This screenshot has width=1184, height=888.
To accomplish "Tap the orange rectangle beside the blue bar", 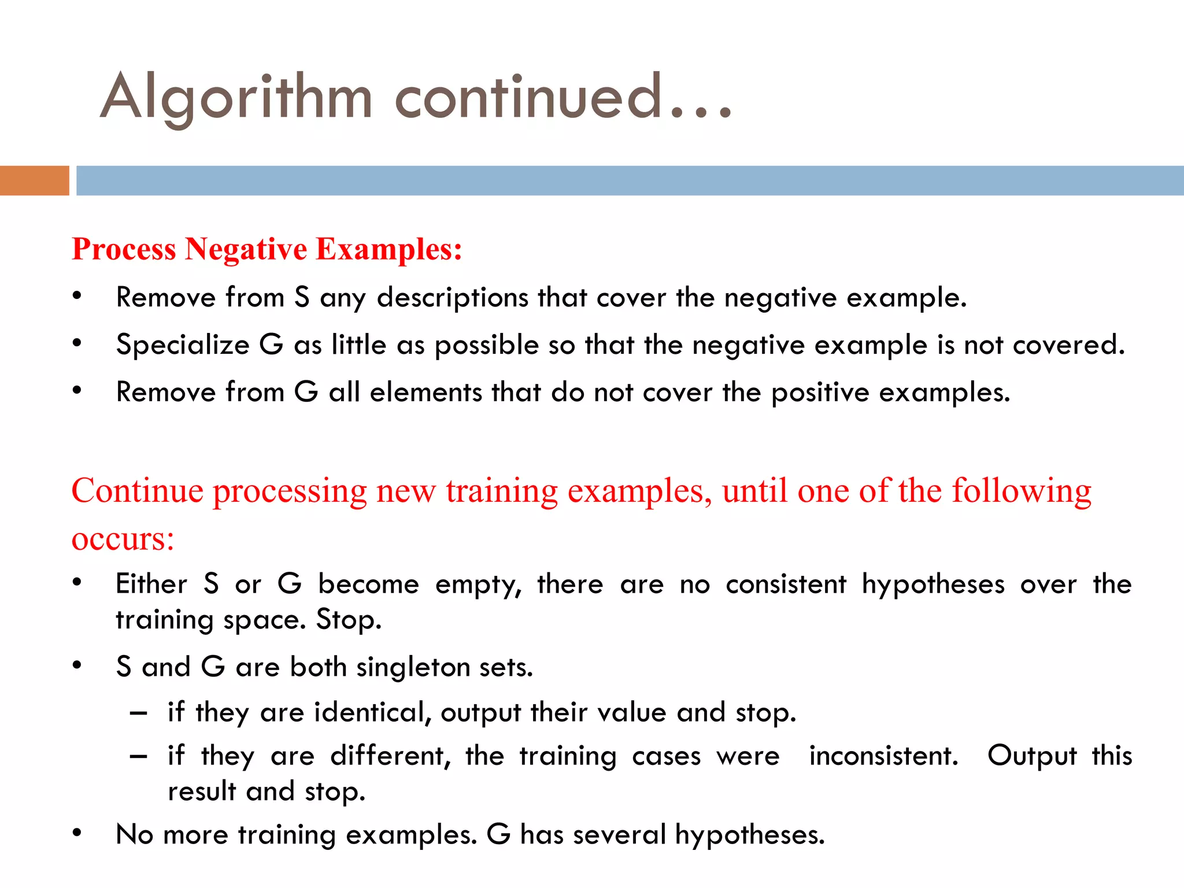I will pos(34,180).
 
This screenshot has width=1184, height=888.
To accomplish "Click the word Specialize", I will pos(182,345).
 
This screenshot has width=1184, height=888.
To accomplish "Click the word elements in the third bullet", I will pos(425,393).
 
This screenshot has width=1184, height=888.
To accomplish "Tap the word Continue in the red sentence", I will pos(137,491).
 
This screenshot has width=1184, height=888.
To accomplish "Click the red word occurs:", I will pos(123,538).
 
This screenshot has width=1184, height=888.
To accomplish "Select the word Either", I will pos(151,584).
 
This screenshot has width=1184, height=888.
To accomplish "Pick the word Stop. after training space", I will pos(349,620).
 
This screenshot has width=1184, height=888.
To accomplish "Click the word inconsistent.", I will pos(883,756).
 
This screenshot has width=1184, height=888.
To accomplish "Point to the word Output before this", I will pos(1032,756).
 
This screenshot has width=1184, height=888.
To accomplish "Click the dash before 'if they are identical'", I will pos(138,713).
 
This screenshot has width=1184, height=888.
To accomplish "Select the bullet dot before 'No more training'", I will pos(77,833).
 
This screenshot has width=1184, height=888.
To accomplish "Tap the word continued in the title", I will pos(528,97).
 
